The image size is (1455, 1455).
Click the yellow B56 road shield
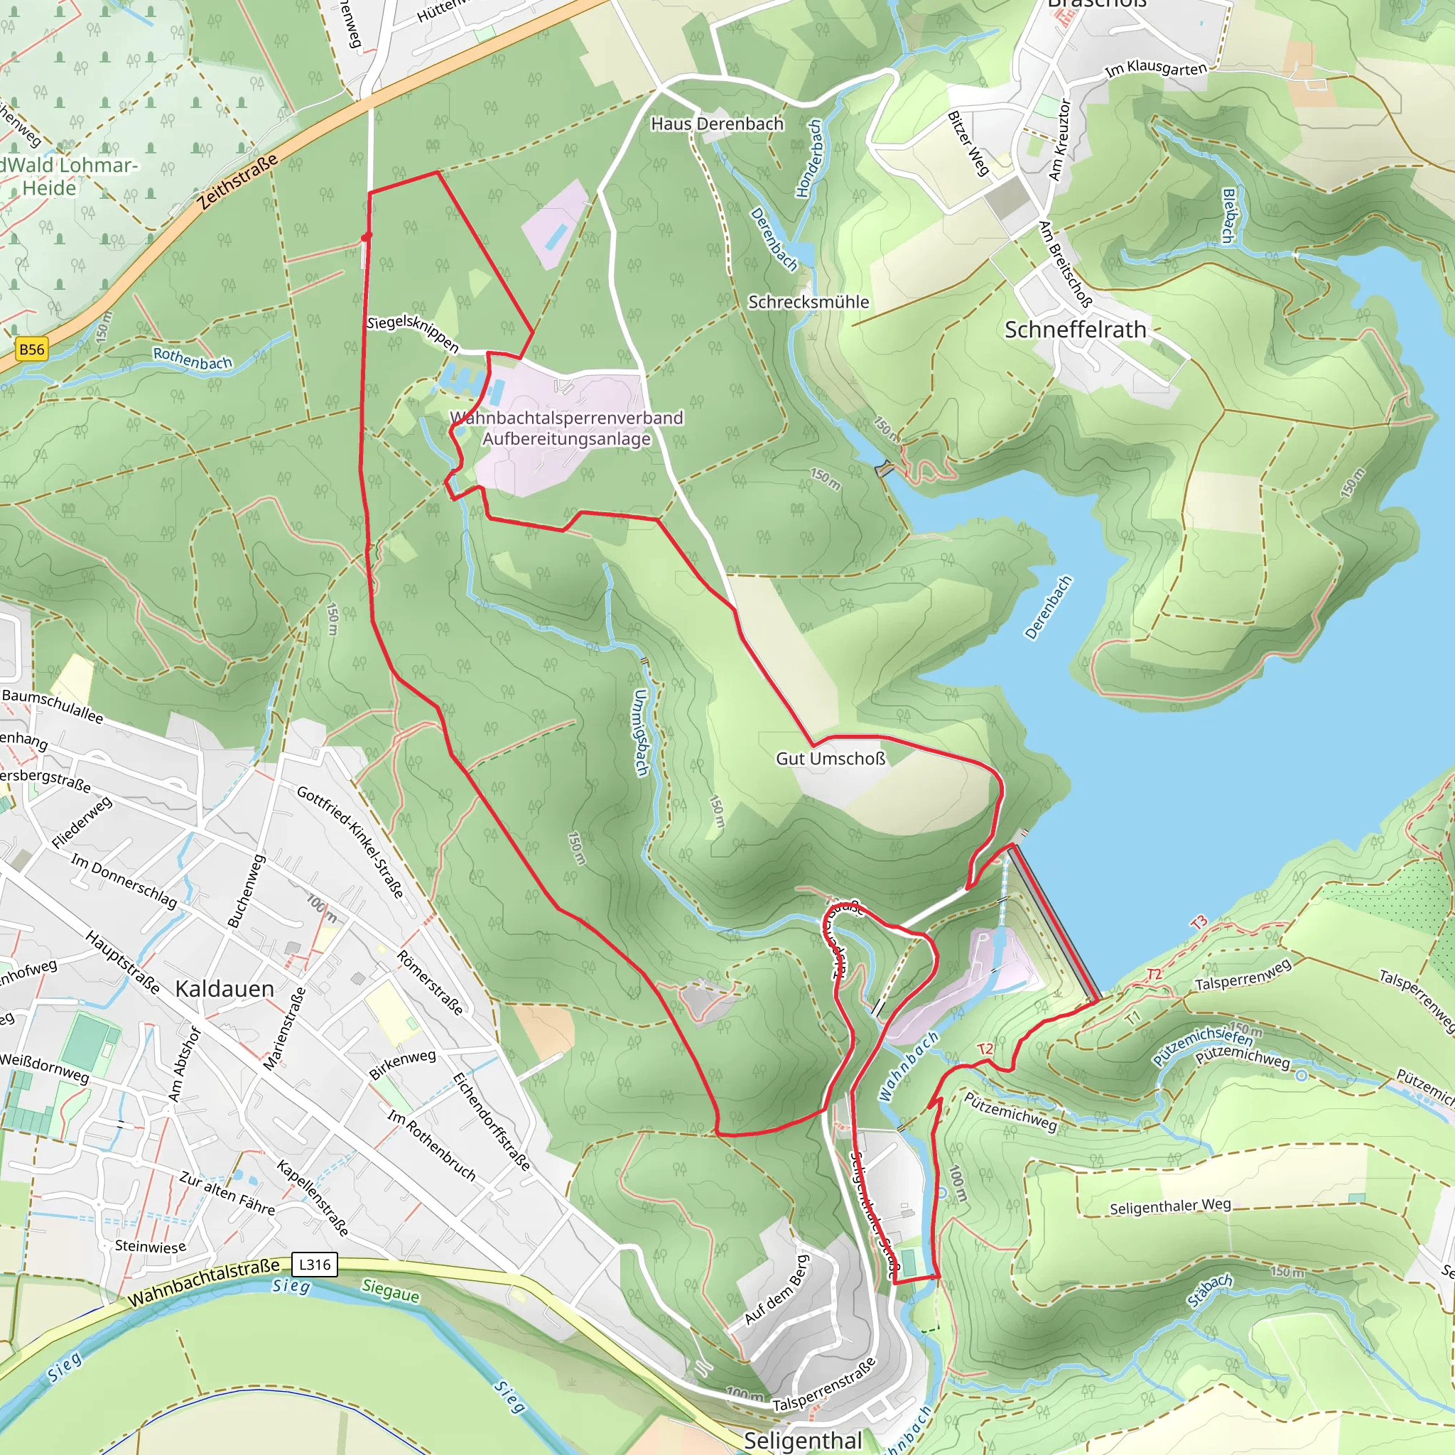[x=32, y=350]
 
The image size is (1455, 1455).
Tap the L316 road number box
[x=314, y=1265]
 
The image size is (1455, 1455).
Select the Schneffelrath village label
[x=1075, y=330]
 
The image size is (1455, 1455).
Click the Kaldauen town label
[x=225, y=989]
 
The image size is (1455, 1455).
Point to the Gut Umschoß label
[x=831, y=758]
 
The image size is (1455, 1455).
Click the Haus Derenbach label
[x=717, y=124]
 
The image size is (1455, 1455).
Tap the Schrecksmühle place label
[x=808, y=302]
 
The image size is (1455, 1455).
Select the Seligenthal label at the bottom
[x=802, y=1440]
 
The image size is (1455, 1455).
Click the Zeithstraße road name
[x=238, y=181]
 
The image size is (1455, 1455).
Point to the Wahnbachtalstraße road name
[x=203, y=1283]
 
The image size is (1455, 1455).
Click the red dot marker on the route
[x=367, y=237]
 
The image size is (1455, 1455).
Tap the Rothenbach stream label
[x=192, y=359]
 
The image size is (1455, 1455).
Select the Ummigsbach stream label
[x=640, y=732]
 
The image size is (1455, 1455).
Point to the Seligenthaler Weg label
[x=1169, y=1206]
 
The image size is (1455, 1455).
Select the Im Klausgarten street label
[x=1155, y=68]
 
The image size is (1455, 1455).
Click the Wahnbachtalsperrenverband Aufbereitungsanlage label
[x=566, y=428]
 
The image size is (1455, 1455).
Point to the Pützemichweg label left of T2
[x=1011, y=1112]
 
